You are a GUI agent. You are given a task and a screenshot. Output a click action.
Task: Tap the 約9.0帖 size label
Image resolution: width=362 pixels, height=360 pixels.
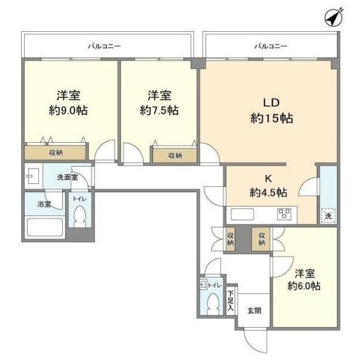click(68, 110)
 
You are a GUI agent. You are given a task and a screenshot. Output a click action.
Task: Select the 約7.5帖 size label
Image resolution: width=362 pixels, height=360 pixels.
click(160, 110)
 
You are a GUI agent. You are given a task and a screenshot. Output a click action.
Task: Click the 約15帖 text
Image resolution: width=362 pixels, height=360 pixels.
click(269, 119)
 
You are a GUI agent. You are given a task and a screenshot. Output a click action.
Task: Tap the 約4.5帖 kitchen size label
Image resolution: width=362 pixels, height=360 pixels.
click(268, 192)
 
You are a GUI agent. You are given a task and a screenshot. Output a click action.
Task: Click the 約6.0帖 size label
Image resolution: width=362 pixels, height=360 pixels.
click(304, 286)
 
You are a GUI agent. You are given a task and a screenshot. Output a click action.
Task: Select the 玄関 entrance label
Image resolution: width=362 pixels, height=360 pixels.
click(253, 311)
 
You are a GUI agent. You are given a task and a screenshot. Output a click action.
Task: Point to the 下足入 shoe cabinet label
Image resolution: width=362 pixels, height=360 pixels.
click(231, 301)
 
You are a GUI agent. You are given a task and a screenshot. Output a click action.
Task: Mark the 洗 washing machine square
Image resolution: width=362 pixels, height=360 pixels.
click(329, 216)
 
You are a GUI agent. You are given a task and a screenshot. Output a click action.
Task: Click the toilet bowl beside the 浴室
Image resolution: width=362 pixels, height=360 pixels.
click(79, 218)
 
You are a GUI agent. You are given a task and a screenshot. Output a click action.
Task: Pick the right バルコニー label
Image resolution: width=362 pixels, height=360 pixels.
click(271, 46)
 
